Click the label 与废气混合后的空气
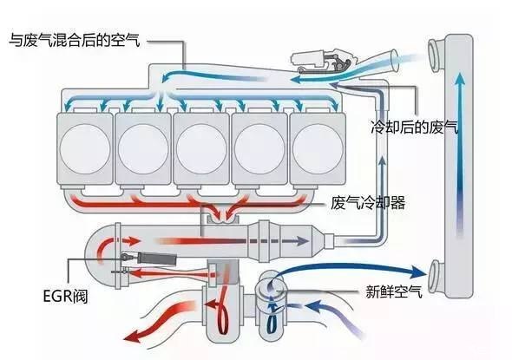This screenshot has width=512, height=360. [75, 41]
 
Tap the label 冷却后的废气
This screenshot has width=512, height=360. [415, 128]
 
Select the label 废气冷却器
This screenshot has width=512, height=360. [368, 203]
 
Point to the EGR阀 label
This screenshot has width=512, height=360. [65, 297]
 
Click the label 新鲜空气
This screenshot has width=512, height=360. [394, 291]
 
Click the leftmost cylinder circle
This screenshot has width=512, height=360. [85, 149]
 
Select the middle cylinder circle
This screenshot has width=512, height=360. [201, 149]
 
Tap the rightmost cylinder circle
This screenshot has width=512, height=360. [318, 149]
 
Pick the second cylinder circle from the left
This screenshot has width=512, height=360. [143, 149]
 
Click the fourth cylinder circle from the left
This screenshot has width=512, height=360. [259, 149]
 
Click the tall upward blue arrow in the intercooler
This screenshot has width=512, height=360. [461, 154]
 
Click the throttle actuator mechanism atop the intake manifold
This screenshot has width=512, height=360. [324, 61]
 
